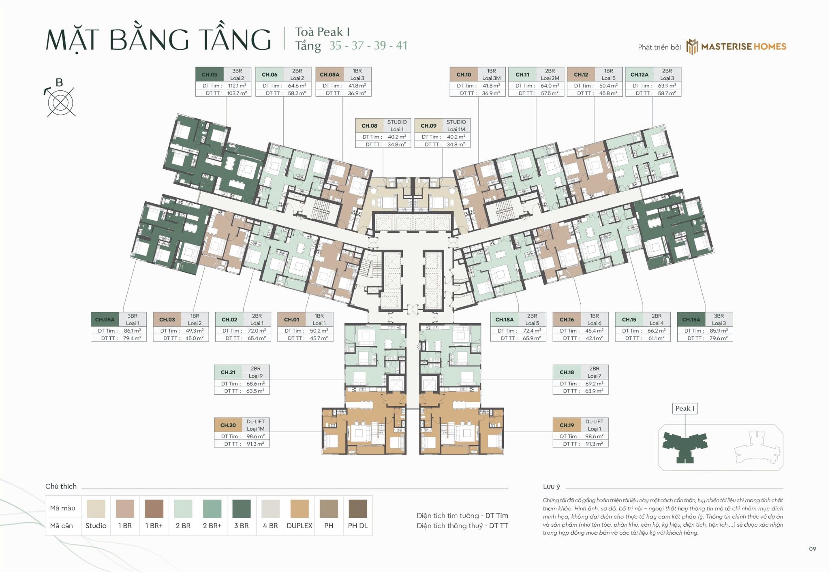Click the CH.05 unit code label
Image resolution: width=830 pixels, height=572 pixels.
tap(210, 75)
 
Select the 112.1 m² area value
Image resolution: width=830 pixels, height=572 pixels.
tap(237, 86)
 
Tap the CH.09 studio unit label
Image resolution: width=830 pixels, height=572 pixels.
tap(428, 126)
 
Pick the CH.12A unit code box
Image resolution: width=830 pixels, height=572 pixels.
tap(639, 75)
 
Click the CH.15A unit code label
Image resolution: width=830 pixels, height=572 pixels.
tap(691, 320)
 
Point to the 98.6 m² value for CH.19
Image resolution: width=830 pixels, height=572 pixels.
tap(594, 437)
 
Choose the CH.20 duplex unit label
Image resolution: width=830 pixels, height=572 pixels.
tap(228, 425)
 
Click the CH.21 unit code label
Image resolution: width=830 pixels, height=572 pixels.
tap(228, 372)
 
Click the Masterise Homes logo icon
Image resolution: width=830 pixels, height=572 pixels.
tap(692, 47)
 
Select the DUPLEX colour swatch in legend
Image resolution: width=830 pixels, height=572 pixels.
tap(299, 509)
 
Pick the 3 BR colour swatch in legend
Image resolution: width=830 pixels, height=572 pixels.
tap(241, 509)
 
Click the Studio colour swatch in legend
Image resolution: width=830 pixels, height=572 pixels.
tap(96, 509)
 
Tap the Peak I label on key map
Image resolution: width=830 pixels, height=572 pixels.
tap(685, 408)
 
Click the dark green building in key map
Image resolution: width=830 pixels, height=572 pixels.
tap(685, 446)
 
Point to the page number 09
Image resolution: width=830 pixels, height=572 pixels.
tap(812, 549)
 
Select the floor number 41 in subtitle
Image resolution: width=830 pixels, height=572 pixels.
tap(401, 45)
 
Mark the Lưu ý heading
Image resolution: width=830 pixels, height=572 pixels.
tap(551, 487)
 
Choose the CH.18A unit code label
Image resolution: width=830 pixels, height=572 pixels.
tap(504, 320)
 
